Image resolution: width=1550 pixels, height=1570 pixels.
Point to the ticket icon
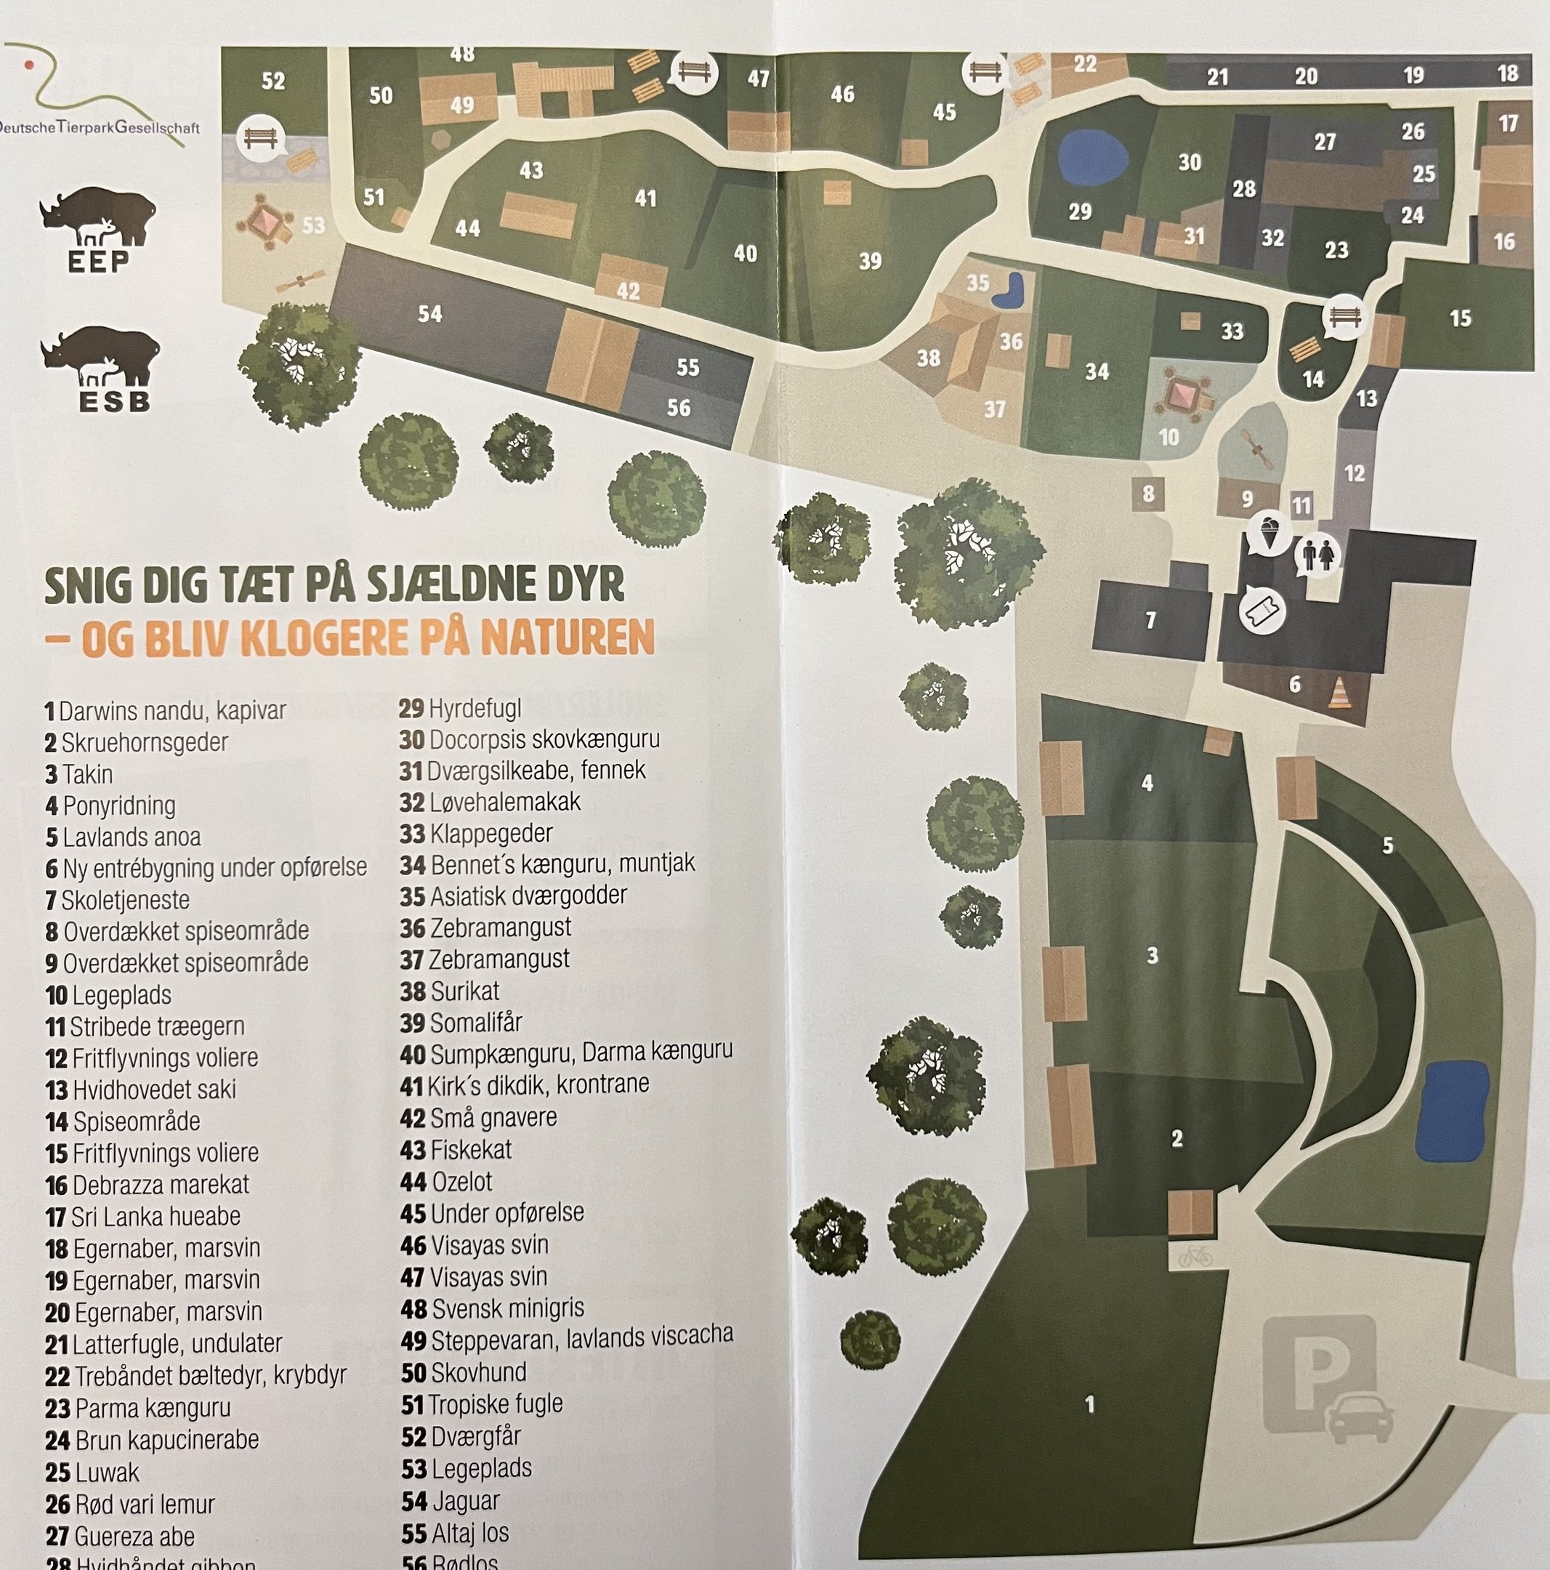tap(1262, 610)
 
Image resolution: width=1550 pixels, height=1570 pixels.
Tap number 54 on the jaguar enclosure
tap(429, 314)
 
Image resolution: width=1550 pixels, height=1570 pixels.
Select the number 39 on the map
tap(870, 261)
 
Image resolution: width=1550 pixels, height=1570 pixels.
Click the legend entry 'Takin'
tap(88, 773)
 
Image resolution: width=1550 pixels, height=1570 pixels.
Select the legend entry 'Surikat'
tap(464, 991)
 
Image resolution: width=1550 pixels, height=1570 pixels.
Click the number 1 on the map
tap(1089, 1404)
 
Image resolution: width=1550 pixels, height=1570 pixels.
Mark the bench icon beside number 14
tap(1343, 316)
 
